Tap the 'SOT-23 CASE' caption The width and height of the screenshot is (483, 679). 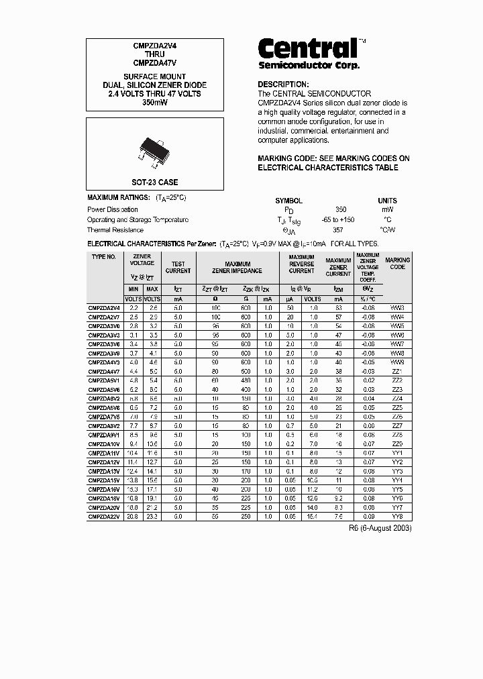point(154,182)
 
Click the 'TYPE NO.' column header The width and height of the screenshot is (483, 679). point(104,257)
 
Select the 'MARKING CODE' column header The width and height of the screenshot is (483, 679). point(397,263)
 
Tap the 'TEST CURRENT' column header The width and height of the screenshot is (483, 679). point(178,268)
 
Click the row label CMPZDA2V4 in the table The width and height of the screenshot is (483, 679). point(105,307)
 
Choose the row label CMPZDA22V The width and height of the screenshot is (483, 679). point(105,517)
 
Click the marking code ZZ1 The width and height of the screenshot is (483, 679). point(397,371)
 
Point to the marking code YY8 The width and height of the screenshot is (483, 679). point(397,517)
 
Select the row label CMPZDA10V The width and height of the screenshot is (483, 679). point(105,444)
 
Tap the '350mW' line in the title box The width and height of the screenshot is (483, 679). point(154,103)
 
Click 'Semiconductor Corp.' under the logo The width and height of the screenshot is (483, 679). point(309,66)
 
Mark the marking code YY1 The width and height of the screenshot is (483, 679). point(397,453)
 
